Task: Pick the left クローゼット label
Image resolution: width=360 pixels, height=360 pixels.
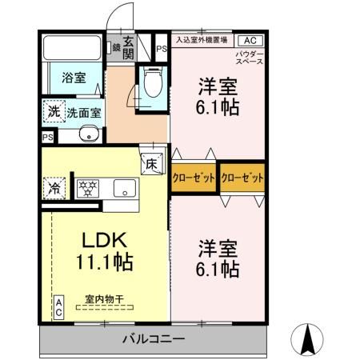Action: click(x=193, y=178)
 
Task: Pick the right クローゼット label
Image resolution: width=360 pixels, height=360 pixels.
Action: click(x=242, y=178)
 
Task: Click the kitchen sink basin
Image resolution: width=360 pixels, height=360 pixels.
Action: click(x=124, y=189)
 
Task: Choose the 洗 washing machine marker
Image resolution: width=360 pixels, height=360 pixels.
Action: click(x=52, y=112)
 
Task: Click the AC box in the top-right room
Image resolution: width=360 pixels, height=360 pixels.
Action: click(x=249, y=40)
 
